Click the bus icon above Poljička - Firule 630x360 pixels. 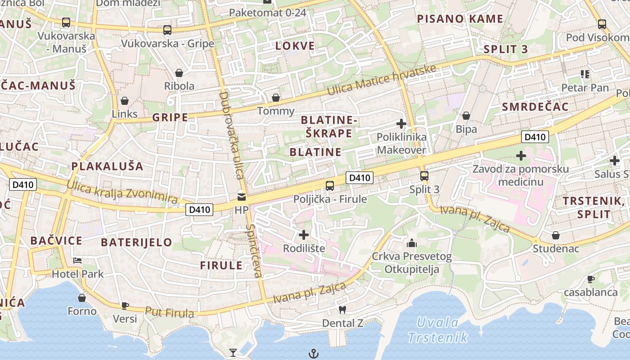[x=330, y=185]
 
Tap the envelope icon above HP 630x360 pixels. [x=242, y=197]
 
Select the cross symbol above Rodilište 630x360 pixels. [x=304, y=234]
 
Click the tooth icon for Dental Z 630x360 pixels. [x=342, y=310]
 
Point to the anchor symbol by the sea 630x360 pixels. [x=314, y=354]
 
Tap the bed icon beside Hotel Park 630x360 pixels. [x=77, y=261]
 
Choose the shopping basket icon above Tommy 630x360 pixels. [x=275, y=98]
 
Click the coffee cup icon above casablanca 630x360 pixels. [x=591, y=279]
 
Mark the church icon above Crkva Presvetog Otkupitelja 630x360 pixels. [x=411, y=243]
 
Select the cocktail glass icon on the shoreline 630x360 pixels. [x=233, y=352]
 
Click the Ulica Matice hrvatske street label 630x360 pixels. [x=382, y=80]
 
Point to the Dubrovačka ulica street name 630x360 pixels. [x=231, y=135]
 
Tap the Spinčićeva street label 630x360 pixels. [x=254, y=251]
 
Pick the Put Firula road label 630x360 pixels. [x=169, y=312]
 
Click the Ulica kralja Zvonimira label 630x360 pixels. [x=122, y=192]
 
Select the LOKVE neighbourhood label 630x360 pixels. [x=295, y=46]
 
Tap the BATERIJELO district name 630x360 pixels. [x=136, y=243]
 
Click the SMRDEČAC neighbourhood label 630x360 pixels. [x=535, y=107]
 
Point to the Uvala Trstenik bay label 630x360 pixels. [x=438, y=330]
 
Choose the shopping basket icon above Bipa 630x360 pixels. [x=466, y=116]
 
